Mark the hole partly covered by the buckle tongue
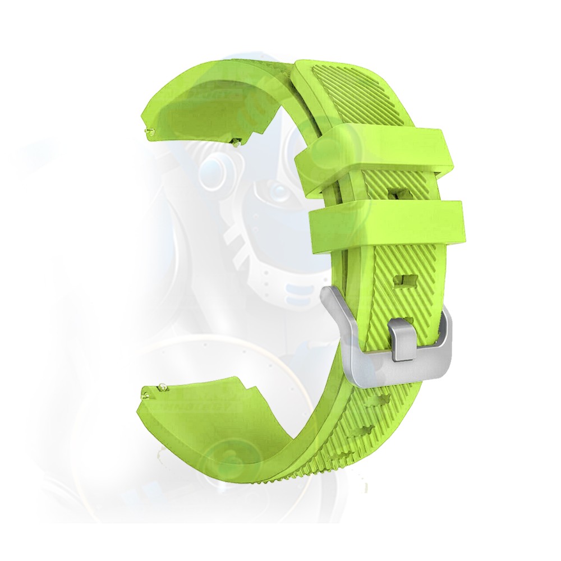click(x=408, y=321)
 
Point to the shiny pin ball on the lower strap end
click(x=162, y=386)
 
